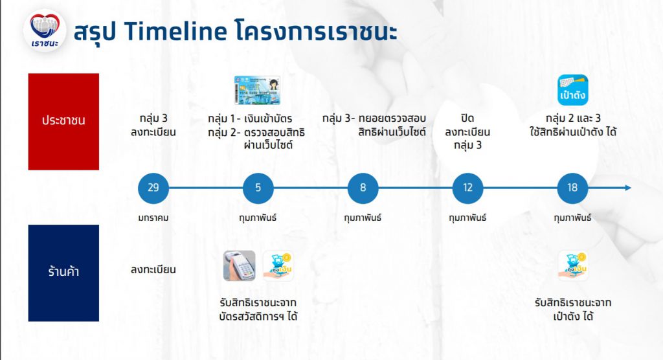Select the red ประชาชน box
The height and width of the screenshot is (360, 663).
(x=63, y=121)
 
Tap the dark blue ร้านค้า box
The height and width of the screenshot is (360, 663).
(x=63, y=273)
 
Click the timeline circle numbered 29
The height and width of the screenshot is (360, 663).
(x=153, y=188)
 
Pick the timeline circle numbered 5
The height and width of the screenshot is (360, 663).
(x=258, y=188)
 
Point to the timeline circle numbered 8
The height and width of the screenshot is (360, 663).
(x=363, y=188)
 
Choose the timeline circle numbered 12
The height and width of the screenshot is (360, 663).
(x=467, y=188)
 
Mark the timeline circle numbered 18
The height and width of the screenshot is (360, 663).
(x=572, y=188)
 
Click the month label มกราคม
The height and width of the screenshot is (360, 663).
(x=153, y=218)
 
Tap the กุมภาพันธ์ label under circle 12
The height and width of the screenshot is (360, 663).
(x=467, y=218)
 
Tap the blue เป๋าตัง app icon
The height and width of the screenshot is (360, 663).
(x=572, y=90)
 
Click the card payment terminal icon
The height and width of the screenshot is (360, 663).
(x=240, y=265)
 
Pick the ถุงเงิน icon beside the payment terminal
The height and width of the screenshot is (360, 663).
(x=278, y=265)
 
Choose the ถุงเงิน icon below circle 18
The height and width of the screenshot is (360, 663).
(x=572, y=265)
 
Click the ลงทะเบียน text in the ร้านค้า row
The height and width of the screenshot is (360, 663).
(x=153, y=269)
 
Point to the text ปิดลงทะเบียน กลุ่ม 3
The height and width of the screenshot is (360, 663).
(x=467, y=132)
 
